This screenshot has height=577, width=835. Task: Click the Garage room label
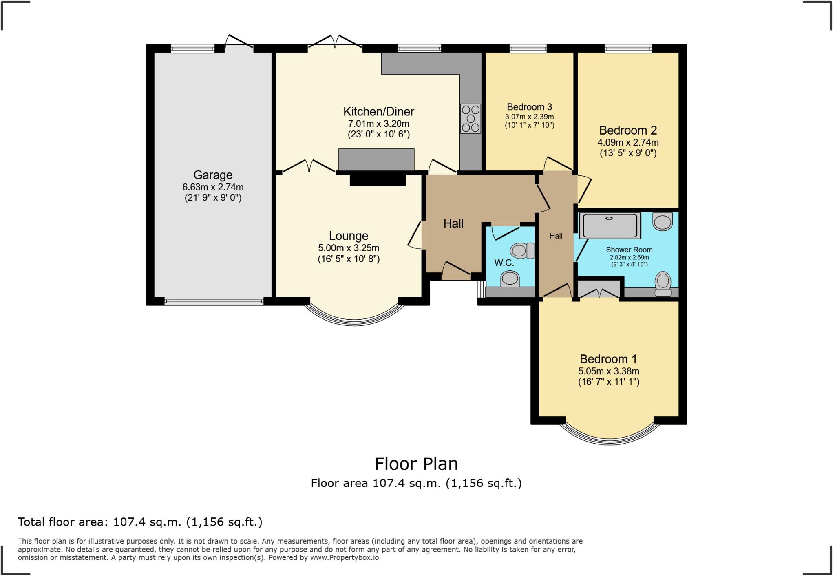pyautogui.click(x=213, y=175)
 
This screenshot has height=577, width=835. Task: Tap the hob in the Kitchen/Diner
pyautogui.click(x=471, y=118)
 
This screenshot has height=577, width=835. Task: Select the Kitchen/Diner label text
pyautogui.click(x=378, y=111)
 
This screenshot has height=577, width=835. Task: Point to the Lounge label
pyautogui.click(x=349, y=236)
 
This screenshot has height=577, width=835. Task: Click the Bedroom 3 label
pyautogui.click(x=529, y=107)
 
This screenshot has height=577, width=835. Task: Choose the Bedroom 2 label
pyautogui.click(x=628, y=130)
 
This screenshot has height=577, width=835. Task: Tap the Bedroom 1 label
pyautogui.click(x=608, y=359)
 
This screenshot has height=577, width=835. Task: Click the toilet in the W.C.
pyautogui.click(x=522, y=250)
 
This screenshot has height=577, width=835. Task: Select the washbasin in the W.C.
pyautogui.click(x=510, y=279)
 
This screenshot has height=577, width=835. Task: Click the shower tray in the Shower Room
pyautogui.click(x=610, y=225)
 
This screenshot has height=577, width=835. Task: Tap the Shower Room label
pyautogui.click(x=629, y=250)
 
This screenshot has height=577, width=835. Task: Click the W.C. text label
pyautogui.click(x=504, y=263)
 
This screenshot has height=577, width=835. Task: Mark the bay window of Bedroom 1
pyautogui.click(x=610, y=438)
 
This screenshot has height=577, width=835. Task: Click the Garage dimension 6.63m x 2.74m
pyautogui.click(x=213, y=187)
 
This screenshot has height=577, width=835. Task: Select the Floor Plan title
pyautogui.click(x=416, y=464)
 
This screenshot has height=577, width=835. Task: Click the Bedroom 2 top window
pyautogui.click(x=628, y=49)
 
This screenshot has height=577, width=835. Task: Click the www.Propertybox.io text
pyautogui.click(x=345, y=557)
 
